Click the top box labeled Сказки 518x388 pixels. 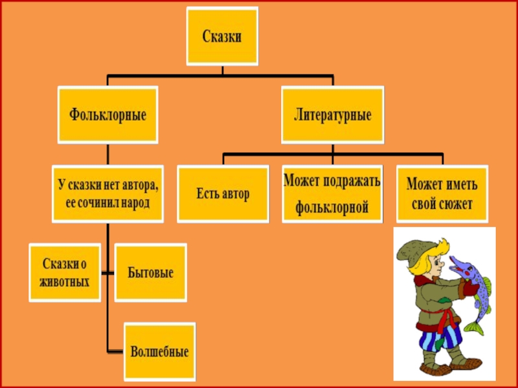(x=222, y=36)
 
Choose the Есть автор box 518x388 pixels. (x=223, y=194)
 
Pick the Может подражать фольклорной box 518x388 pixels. (x=332, y=194)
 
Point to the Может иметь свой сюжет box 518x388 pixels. (x=442, y=194)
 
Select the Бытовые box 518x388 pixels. (x=151, y=272)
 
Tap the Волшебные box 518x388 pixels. (x=159, y=352)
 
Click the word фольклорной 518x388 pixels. (x=332, y=208)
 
